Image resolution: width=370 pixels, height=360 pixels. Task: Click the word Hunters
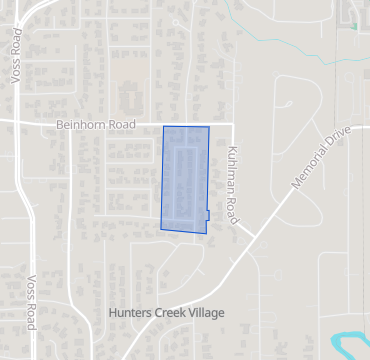click(128, 313)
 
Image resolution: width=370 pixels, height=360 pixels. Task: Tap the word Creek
click(168, 313)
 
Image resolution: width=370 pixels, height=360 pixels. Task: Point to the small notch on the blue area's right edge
click(207, 214)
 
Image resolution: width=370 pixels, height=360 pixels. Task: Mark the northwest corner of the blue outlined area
click(164, 127)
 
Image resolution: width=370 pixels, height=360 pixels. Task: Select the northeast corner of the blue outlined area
click(209, 128)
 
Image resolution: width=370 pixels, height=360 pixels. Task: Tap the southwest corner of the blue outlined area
click(161, 229)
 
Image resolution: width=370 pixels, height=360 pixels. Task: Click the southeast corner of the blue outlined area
click(206, 234)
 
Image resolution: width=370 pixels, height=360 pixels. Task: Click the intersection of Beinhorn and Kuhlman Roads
click(232, 125)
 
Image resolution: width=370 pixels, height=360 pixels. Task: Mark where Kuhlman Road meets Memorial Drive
click(246, 232)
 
